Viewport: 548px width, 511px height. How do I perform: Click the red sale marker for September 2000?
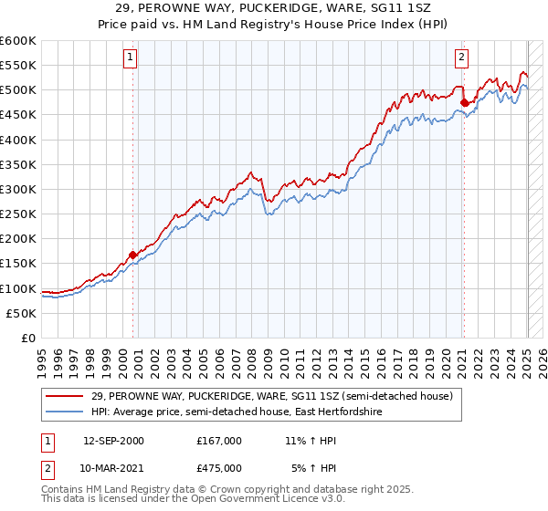click(x=132, y=255)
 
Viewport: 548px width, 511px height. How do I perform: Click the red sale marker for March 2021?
click(x=463, y=102)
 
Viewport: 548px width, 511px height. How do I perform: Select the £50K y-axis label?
click(x=22, y=313)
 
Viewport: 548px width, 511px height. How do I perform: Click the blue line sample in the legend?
click(x=66, y=413)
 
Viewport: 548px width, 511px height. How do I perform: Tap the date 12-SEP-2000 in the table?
click(x=113, y=441)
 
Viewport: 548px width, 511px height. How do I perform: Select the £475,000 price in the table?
click(x=218, y=470)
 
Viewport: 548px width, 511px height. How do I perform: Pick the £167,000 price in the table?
click(x=218, y=441)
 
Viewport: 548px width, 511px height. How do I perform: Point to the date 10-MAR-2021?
click(x=113, y=470)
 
